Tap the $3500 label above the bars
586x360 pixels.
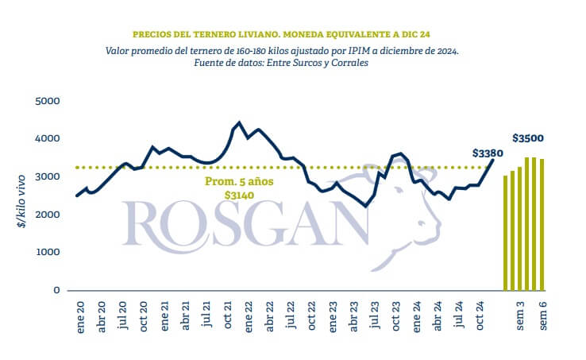click(x=528, y=138)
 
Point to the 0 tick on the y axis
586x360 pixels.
click(x=56, y=291)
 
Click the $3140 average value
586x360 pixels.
click(x=239, y=195)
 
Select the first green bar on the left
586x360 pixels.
click(x=506, y=232)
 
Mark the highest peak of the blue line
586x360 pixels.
click(x=239, y=123)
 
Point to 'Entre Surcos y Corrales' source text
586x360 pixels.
click(x=321, y=63)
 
